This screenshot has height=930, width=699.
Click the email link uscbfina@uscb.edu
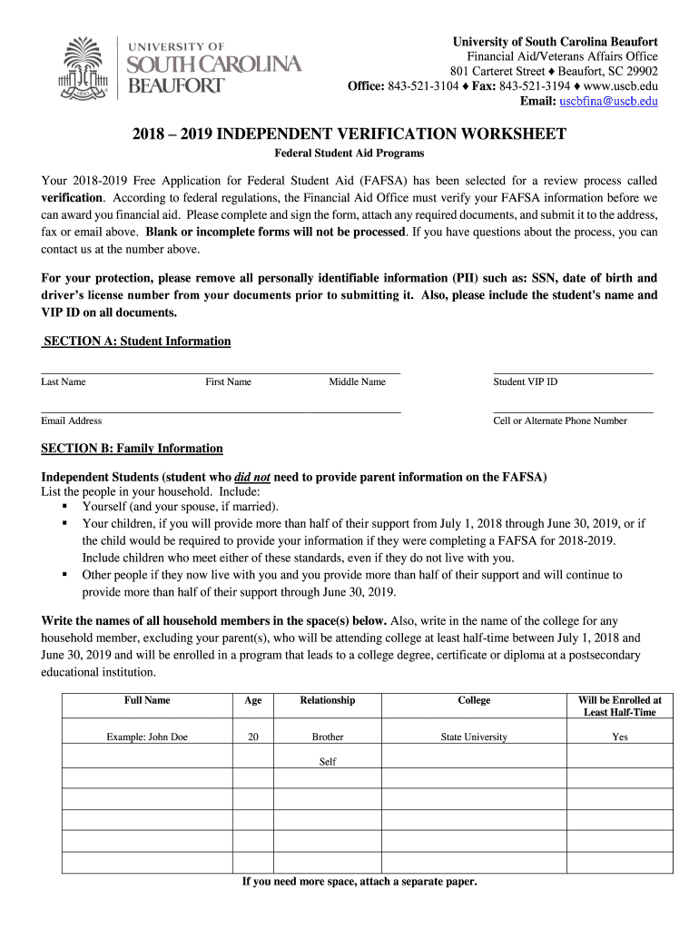pos(608,101)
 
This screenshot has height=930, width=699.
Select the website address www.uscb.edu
pos(615,86)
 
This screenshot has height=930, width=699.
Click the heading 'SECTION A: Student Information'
pos(136,341)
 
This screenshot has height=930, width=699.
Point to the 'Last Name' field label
pos(64,381)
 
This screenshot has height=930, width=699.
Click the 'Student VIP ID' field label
pos(526,381)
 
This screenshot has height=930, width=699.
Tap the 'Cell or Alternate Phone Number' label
pos(560,420)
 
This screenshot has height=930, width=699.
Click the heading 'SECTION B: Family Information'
pos(133,449)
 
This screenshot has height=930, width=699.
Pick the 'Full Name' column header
pos(147,700)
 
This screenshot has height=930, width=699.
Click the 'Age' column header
pos(253,700)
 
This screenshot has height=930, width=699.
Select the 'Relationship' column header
pos(328,700)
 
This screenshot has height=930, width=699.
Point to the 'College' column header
pos(474,700)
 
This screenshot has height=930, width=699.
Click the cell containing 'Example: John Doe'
pos(147,737)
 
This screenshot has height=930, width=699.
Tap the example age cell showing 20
pos(253,737)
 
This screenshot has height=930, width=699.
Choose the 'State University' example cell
pos(474,737)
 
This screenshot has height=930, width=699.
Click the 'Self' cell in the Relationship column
pos(328,762)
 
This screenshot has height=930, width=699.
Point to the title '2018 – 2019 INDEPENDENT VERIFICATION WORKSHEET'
pos(349,134)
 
